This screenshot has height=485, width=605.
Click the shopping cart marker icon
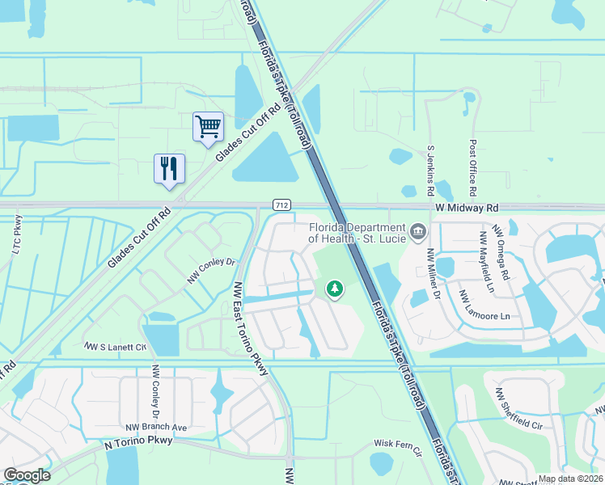pyautogui.click(x=208, y=127)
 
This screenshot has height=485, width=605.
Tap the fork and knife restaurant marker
pyautogui.click(x=169, y=169)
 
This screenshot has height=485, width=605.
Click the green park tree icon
pyautogui.click(x=333, y=289)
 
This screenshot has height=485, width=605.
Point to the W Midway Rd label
pyautogui.click(x=465, y=208)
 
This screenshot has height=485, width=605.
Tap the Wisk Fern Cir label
pyautogui.click(x=399, y=445)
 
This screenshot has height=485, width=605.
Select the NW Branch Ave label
pyautogui.click(x=156, y=427)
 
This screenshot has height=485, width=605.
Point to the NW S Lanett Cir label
pyautogui.click(x=116, y=346)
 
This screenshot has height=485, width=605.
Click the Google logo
pyautogui.click(x=27, y=475)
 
